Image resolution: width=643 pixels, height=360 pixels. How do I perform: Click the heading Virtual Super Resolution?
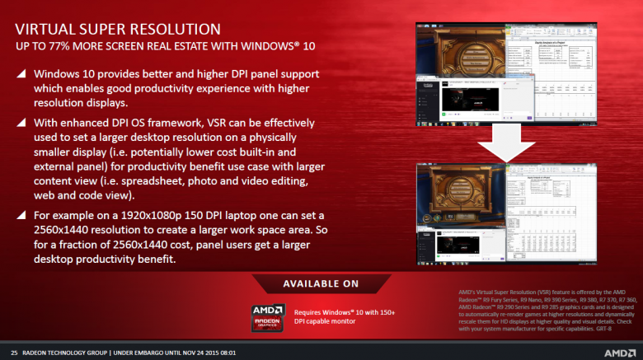pos(117,29)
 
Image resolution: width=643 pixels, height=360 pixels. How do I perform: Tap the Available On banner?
pos(321,283)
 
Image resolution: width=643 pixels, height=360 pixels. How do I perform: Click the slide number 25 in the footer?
pos(14,351)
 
